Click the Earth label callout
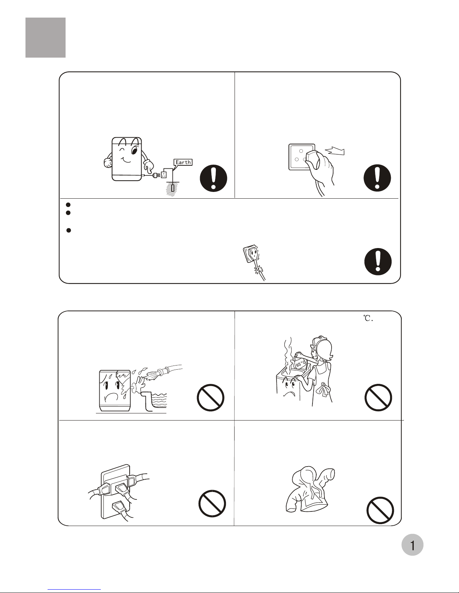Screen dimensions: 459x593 (x=183, y=162)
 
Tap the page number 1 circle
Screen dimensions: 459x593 (x=412, y=545)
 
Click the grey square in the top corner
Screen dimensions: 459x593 (x=45, y=38)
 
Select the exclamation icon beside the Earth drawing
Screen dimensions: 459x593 (x=213, y=178)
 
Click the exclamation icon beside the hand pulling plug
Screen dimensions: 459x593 (x=377, y=178)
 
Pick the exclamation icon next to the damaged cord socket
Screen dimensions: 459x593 (x=378, y=262)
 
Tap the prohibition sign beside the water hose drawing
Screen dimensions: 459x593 (x=210, y=397)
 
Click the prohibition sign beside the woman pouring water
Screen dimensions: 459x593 (x=378, y=397)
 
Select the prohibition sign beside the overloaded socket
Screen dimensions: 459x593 (x=212, y=504)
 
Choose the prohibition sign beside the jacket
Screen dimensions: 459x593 (x=380, y=510)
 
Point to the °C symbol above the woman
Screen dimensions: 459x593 (x=368, y=318)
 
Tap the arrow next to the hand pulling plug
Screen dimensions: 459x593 (x=335, y=151)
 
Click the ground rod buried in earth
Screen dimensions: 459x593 (x=172, y=188)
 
